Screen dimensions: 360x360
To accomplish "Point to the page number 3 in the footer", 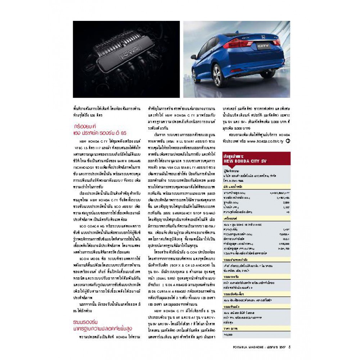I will (290, 347).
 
